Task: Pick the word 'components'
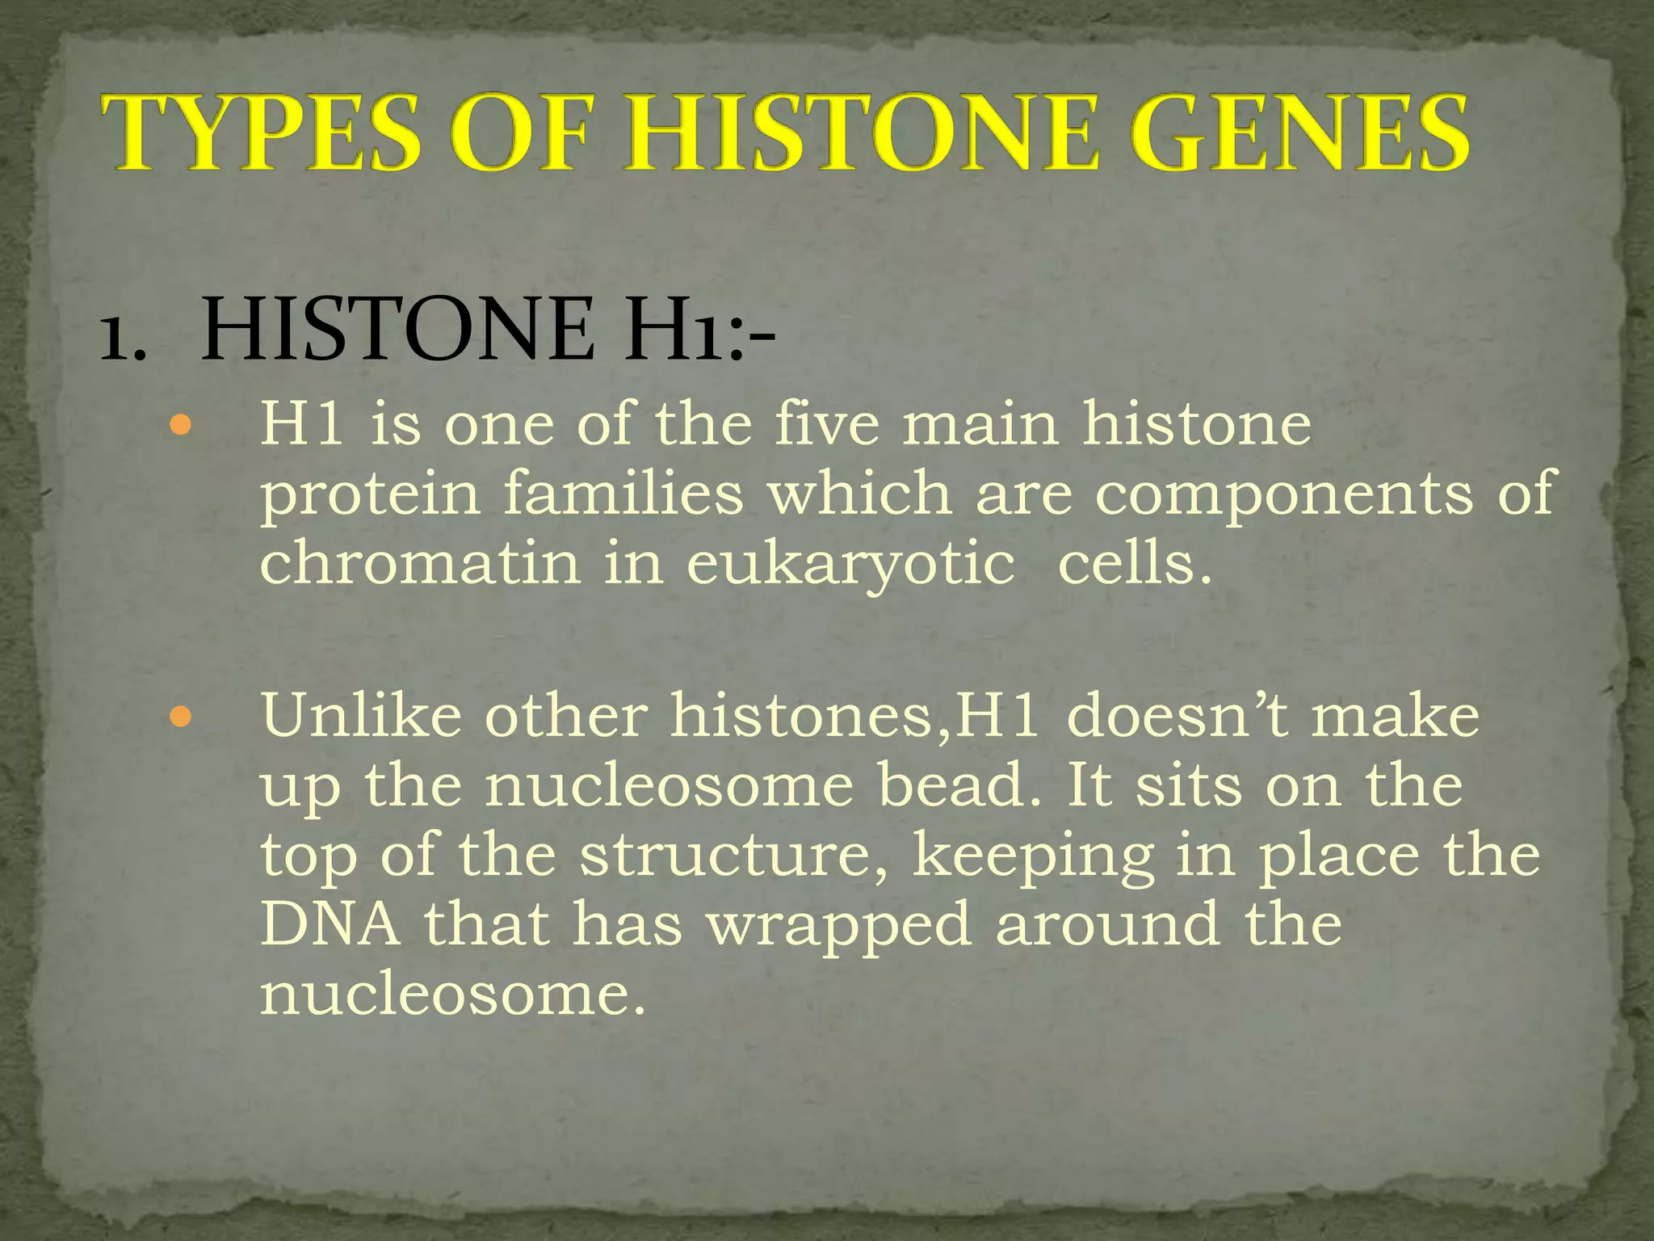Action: tap(1284, 494)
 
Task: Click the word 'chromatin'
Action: tap(420, 562)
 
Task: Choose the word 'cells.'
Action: tap(1135, 562)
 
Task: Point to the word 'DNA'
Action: tap(330, 923)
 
